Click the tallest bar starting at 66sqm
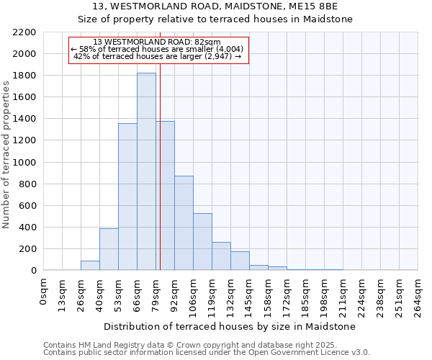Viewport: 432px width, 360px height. [146, 173]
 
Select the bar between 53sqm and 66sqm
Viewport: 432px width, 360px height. [127, 198]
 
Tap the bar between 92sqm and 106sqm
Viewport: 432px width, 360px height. [184, 223]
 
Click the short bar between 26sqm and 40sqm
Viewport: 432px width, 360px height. [90, 266]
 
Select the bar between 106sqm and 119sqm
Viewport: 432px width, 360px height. [202, 242]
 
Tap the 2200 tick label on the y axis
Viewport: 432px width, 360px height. [24, 32]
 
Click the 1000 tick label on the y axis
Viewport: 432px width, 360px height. [24, 163]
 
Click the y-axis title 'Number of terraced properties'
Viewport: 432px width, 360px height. [6, 155]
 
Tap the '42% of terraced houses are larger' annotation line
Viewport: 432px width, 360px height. [158, 56]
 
